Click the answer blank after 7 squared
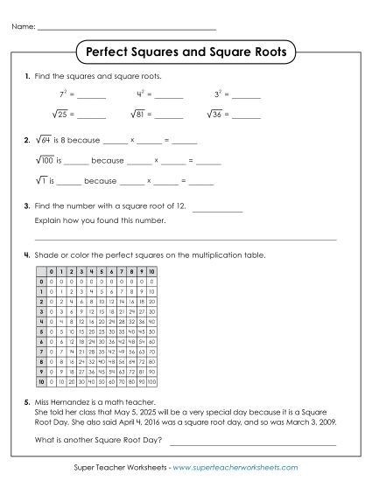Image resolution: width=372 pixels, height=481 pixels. (x=91, y=95)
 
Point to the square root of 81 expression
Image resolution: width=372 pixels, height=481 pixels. (x=139, y=114)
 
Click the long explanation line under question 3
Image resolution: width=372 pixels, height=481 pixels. (x=185, y=239)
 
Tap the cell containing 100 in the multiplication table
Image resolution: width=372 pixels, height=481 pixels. (x=151, y=382)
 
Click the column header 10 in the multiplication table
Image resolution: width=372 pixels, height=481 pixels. (x=151, y=273)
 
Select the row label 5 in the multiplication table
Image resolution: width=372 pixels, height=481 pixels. (x=40, y=333)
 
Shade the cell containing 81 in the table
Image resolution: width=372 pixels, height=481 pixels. (x=139, y=373)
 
